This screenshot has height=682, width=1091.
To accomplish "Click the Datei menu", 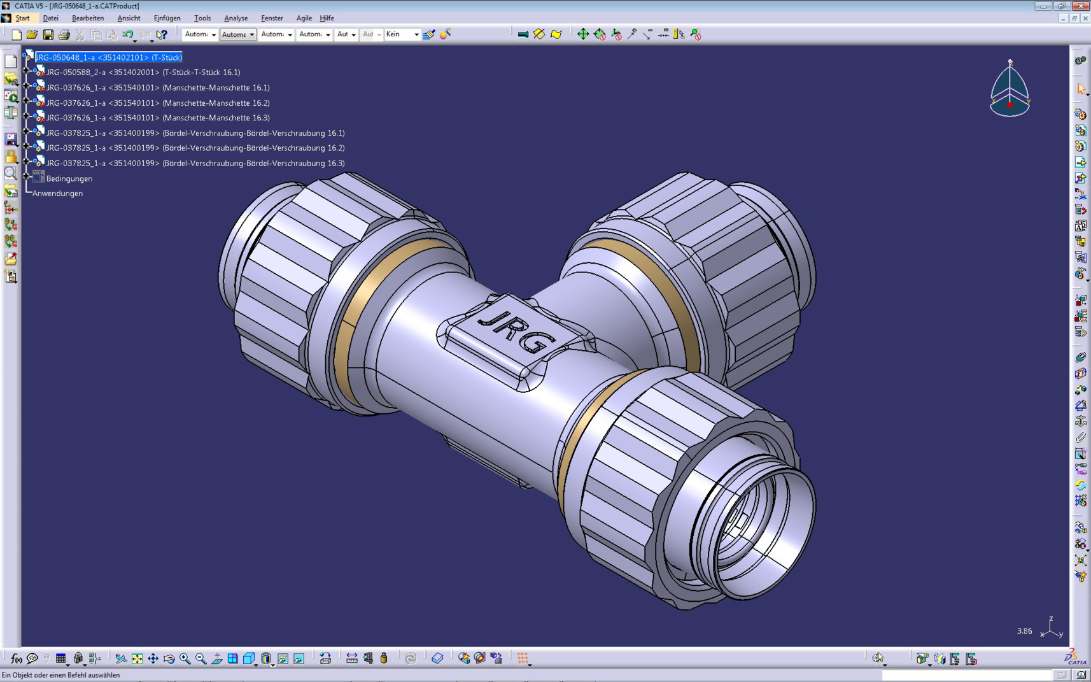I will coord(50,18).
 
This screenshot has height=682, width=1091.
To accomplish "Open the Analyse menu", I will coord(236,18).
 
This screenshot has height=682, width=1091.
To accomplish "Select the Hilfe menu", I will coord(327,18).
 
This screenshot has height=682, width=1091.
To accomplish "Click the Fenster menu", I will coord(272,18).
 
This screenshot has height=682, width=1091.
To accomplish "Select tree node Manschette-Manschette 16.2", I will coord(158,103).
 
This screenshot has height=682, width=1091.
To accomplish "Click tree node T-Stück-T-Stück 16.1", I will coord(143,73).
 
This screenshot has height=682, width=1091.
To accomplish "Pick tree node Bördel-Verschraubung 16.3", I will coord(195,163).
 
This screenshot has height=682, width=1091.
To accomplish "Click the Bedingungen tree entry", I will coord(69,179).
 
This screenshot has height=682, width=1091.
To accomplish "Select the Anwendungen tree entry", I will coord(57,194).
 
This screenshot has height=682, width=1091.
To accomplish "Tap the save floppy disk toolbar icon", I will coord(48,34).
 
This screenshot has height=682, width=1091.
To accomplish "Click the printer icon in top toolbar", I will coord(64,34).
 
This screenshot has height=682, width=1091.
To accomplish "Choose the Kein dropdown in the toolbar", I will coord(402,34).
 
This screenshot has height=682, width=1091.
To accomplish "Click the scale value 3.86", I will coord(1024,631).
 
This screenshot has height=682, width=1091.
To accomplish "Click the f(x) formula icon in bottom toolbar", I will coord(16,658).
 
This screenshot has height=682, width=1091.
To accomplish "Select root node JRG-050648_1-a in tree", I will coord(108,57).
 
